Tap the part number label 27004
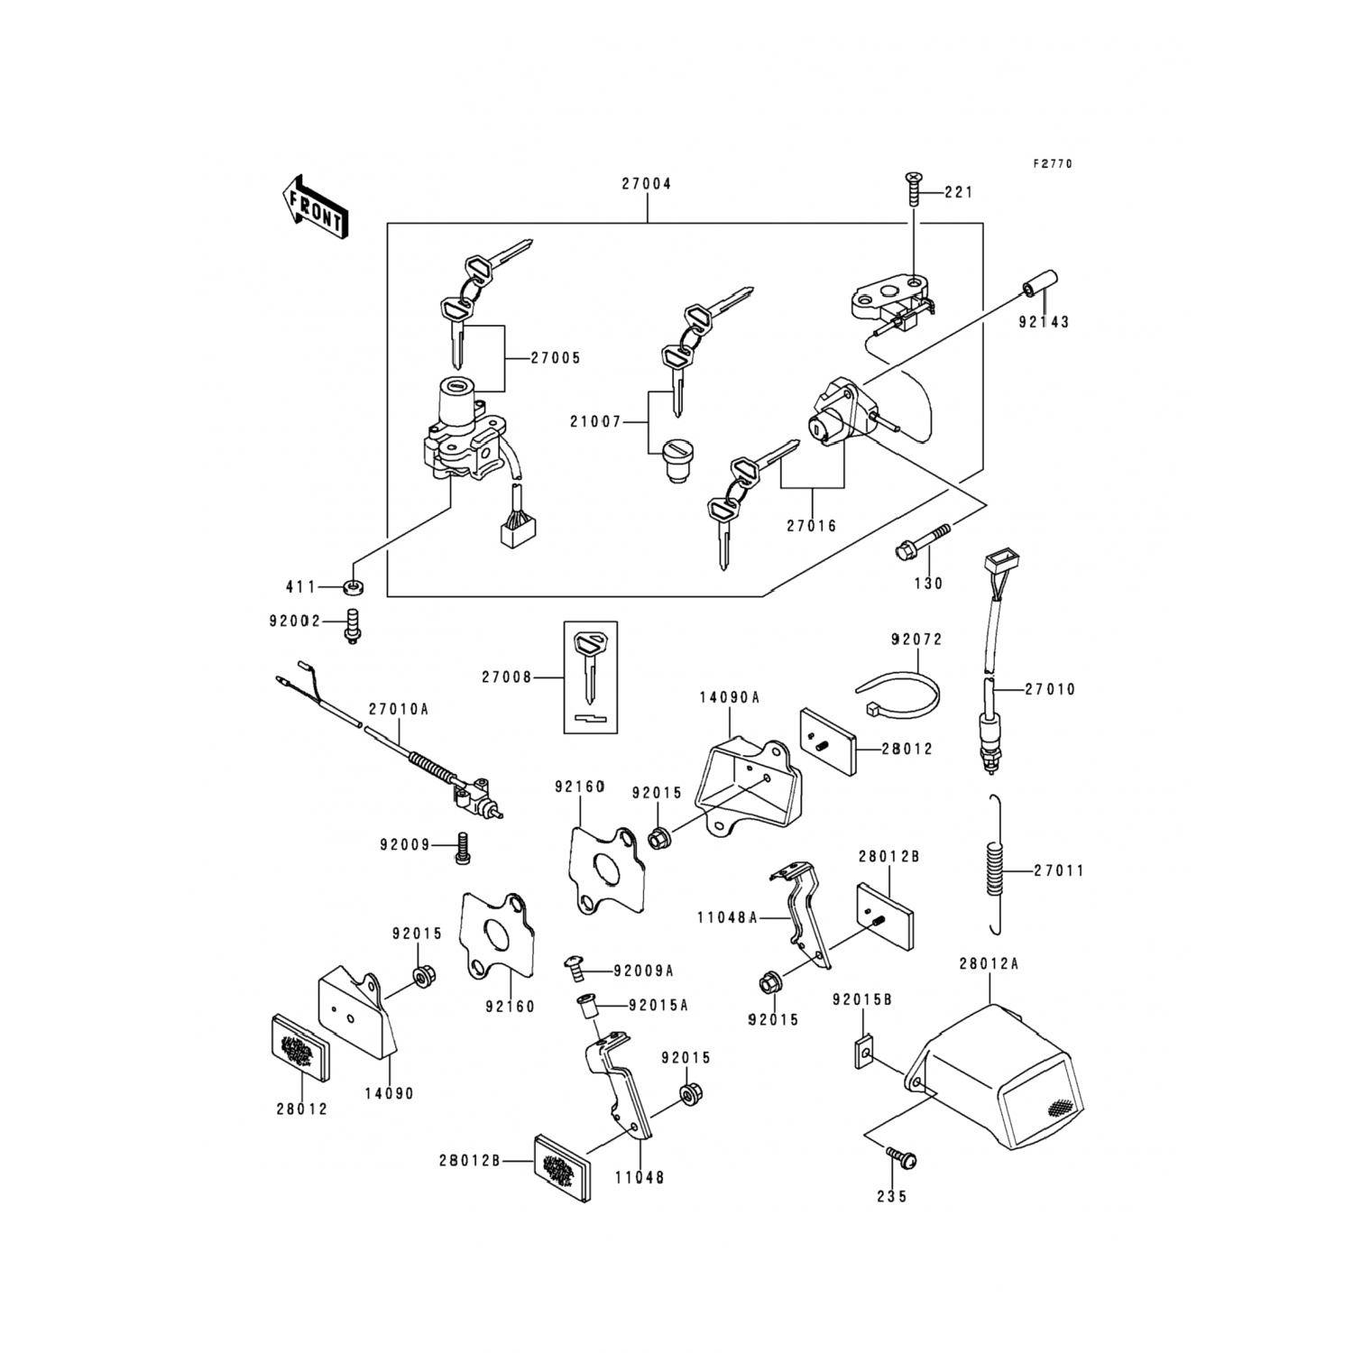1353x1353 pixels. (646, 184)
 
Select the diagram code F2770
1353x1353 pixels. (1053, 164)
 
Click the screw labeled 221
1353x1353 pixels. (913, 190)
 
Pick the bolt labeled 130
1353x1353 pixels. (920, 541)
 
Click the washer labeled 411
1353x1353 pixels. (352, 589)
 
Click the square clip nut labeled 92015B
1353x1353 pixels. (863, 1053)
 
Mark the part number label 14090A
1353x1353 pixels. (729, 697)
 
